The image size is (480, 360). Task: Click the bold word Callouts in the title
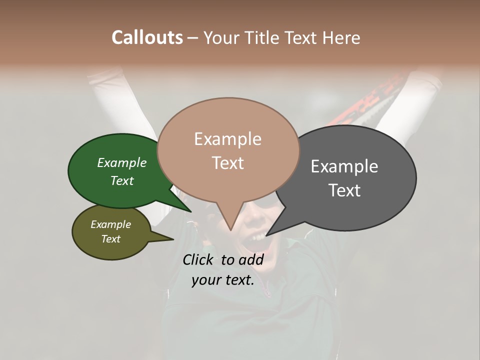coord(147,37)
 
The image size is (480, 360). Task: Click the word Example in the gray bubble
coord(344,166)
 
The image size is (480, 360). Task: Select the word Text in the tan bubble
coord(228,163)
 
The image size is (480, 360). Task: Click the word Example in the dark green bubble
coord(122,162)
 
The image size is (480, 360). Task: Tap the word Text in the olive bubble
coord(111,238)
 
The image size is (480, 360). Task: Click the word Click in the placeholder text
coord(198,259)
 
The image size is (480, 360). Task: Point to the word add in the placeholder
coord(251,259)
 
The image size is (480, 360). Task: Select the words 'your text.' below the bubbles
coord(223,280)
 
